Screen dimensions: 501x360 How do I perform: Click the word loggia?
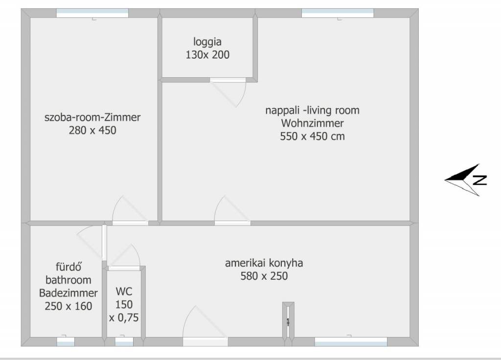207,42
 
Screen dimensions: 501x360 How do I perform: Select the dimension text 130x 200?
207,55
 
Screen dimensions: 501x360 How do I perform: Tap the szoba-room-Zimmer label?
92,117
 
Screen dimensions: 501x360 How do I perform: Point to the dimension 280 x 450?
92,130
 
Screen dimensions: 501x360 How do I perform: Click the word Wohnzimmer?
313,123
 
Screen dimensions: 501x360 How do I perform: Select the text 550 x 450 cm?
313,136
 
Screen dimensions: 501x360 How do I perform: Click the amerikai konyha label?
264,263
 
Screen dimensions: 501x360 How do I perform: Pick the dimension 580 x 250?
264,276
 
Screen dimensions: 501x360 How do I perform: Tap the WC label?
124,292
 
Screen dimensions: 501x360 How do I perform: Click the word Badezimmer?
68,293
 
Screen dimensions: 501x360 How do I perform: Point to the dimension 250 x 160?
68,306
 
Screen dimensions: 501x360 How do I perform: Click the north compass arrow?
466,180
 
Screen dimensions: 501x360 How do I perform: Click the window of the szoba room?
92,13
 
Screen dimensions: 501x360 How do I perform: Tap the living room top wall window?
338,13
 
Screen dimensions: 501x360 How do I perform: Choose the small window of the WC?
124,341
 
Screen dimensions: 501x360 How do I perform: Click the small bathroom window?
66,341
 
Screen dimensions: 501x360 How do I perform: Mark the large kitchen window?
351,341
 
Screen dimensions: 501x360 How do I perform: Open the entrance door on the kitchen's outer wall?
205,341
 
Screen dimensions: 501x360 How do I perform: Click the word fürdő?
68,267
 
